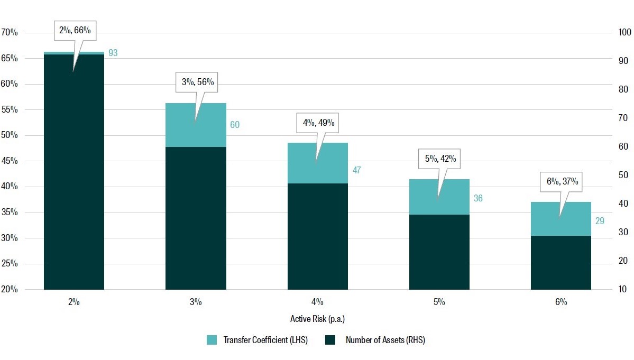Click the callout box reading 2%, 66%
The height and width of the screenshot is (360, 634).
tap(73, 31)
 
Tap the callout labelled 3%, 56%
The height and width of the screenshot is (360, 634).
tap(196, 82)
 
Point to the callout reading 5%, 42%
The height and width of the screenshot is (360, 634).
tap(439, 158)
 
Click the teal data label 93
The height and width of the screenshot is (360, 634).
tap(113, 53)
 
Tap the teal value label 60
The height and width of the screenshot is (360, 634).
tap(235, 125)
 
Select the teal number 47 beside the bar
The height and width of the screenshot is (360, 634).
tap(357, 170)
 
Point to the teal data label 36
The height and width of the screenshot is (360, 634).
tap(479, 198)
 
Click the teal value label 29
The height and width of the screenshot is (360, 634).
tap(600, 221)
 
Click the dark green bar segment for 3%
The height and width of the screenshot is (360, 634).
tap(196, 218)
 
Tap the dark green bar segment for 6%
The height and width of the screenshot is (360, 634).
tap(561, 262)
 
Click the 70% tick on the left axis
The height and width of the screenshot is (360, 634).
tap(10, 33)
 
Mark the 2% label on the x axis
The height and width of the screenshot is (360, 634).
tap(74, 302)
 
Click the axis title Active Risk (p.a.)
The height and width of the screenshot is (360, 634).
tap(317, 319)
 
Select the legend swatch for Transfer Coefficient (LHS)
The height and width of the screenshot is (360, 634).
tap(212, 340)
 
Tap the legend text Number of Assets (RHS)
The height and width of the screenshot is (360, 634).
tap(385, 340)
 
